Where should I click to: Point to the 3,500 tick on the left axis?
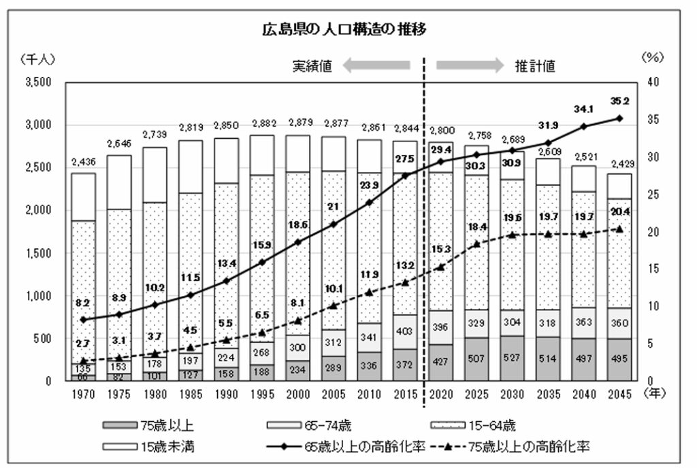pyautogui.click(x=38, y=82)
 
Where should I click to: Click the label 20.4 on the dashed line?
pyautogui.click(x=619, y=212)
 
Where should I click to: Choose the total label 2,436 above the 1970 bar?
pyautogui.click(x=84, y=161)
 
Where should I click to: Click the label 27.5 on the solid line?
pyautogui.click(x=405, y=158)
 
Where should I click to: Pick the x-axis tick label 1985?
pyautogui.click(x=191, y=395)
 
